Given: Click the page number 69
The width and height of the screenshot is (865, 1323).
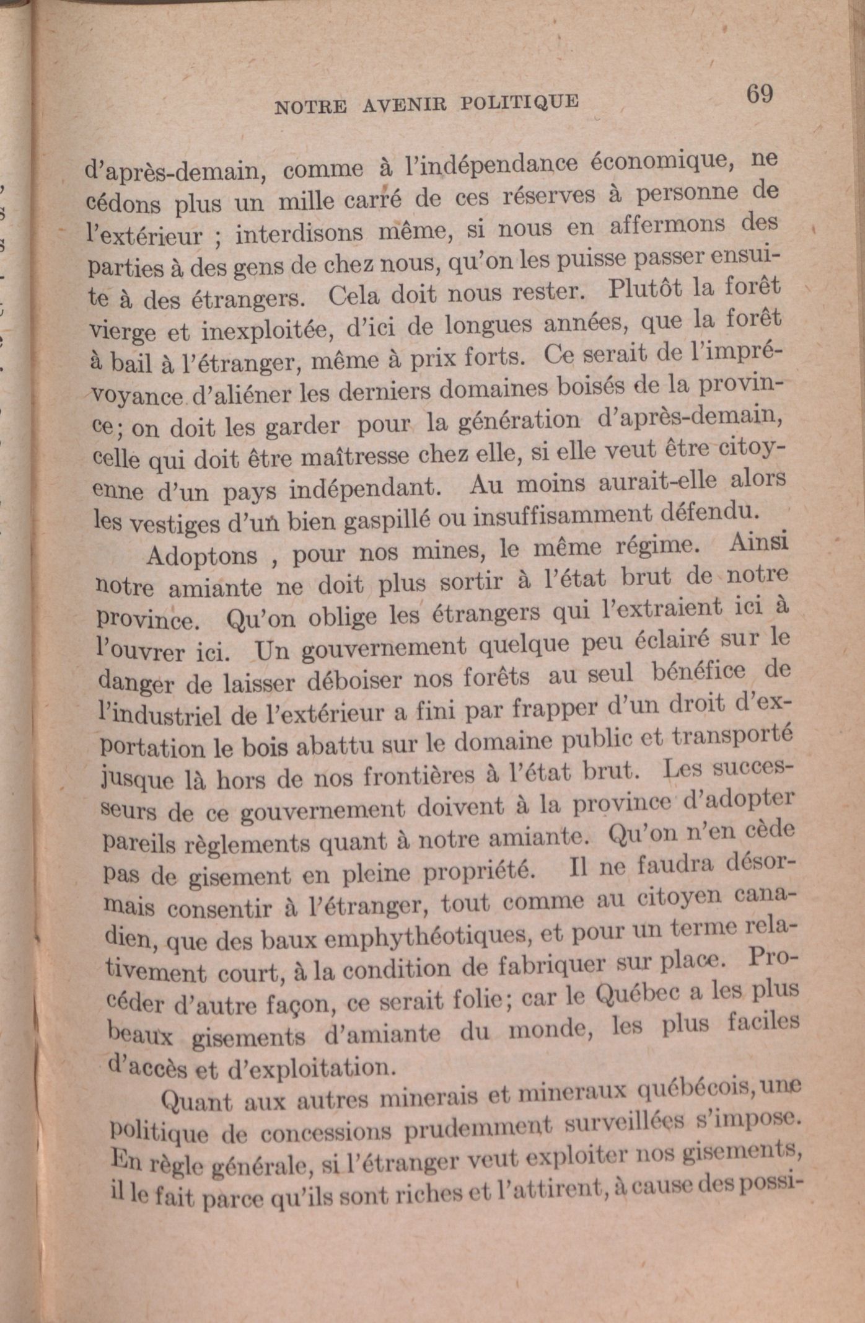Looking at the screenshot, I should tap(759, 94).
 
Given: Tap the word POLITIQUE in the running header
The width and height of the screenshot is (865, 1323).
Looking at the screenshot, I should tap(519, 102).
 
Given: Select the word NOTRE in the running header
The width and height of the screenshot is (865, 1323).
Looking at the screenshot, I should tap(310, 107).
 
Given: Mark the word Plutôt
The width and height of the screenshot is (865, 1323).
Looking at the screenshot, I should tap(645, 289).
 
